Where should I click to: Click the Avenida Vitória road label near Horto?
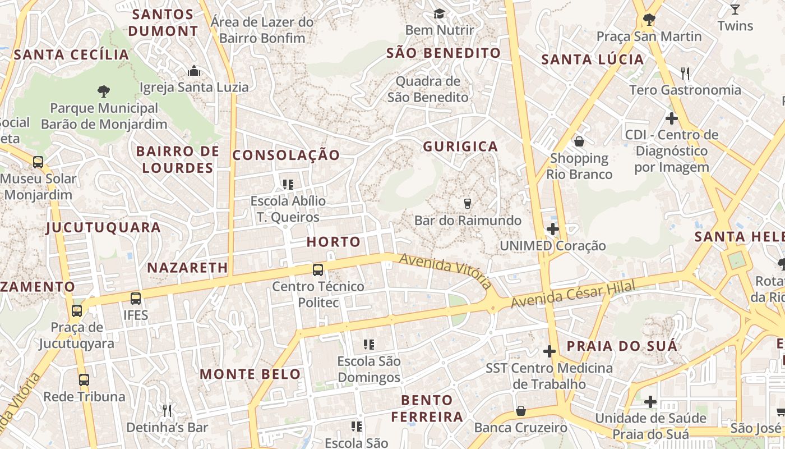(x=445, y=270)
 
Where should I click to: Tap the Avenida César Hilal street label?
(x=573, y=296)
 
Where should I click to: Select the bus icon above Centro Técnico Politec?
(x=318, y=270)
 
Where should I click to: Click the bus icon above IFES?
(x=136, y=299)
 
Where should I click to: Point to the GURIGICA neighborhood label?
(x=460, y=147)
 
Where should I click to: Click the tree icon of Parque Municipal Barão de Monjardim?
(x=103, y=91)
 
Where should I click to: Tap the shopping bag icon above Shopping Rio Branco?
(x=579, y=141)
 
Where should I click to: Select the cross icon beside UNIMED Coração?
(x=553, y=229)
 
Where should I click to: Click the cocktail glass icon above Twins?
(x=735, y=9)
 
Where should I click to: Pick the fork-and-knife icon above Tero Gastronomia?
(x=684, y=73)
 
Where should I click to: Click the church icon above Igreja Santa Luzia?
(x=194, y=71)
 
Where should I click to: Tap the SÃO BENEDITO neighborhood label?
(x=444, y=53)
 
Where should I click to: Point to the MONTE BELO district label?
(x=250, y=374)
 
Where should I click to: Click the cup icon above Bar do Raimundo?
(x=468, y=204)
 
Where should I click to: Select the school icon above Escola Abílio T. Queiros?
(x=288, y=184)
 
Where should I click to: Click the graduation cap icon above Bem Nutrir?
(x=439, y=13)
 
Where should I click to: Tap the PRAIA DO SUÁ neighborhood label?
(x=622, y=346)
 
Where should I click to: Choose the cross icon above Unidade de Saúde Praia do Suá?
(x=650, y=402)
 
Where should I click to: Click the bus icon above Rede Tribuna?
(x=84, y=380)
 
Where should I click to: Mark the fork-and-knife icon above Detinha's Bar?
(x=167, y=410)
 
